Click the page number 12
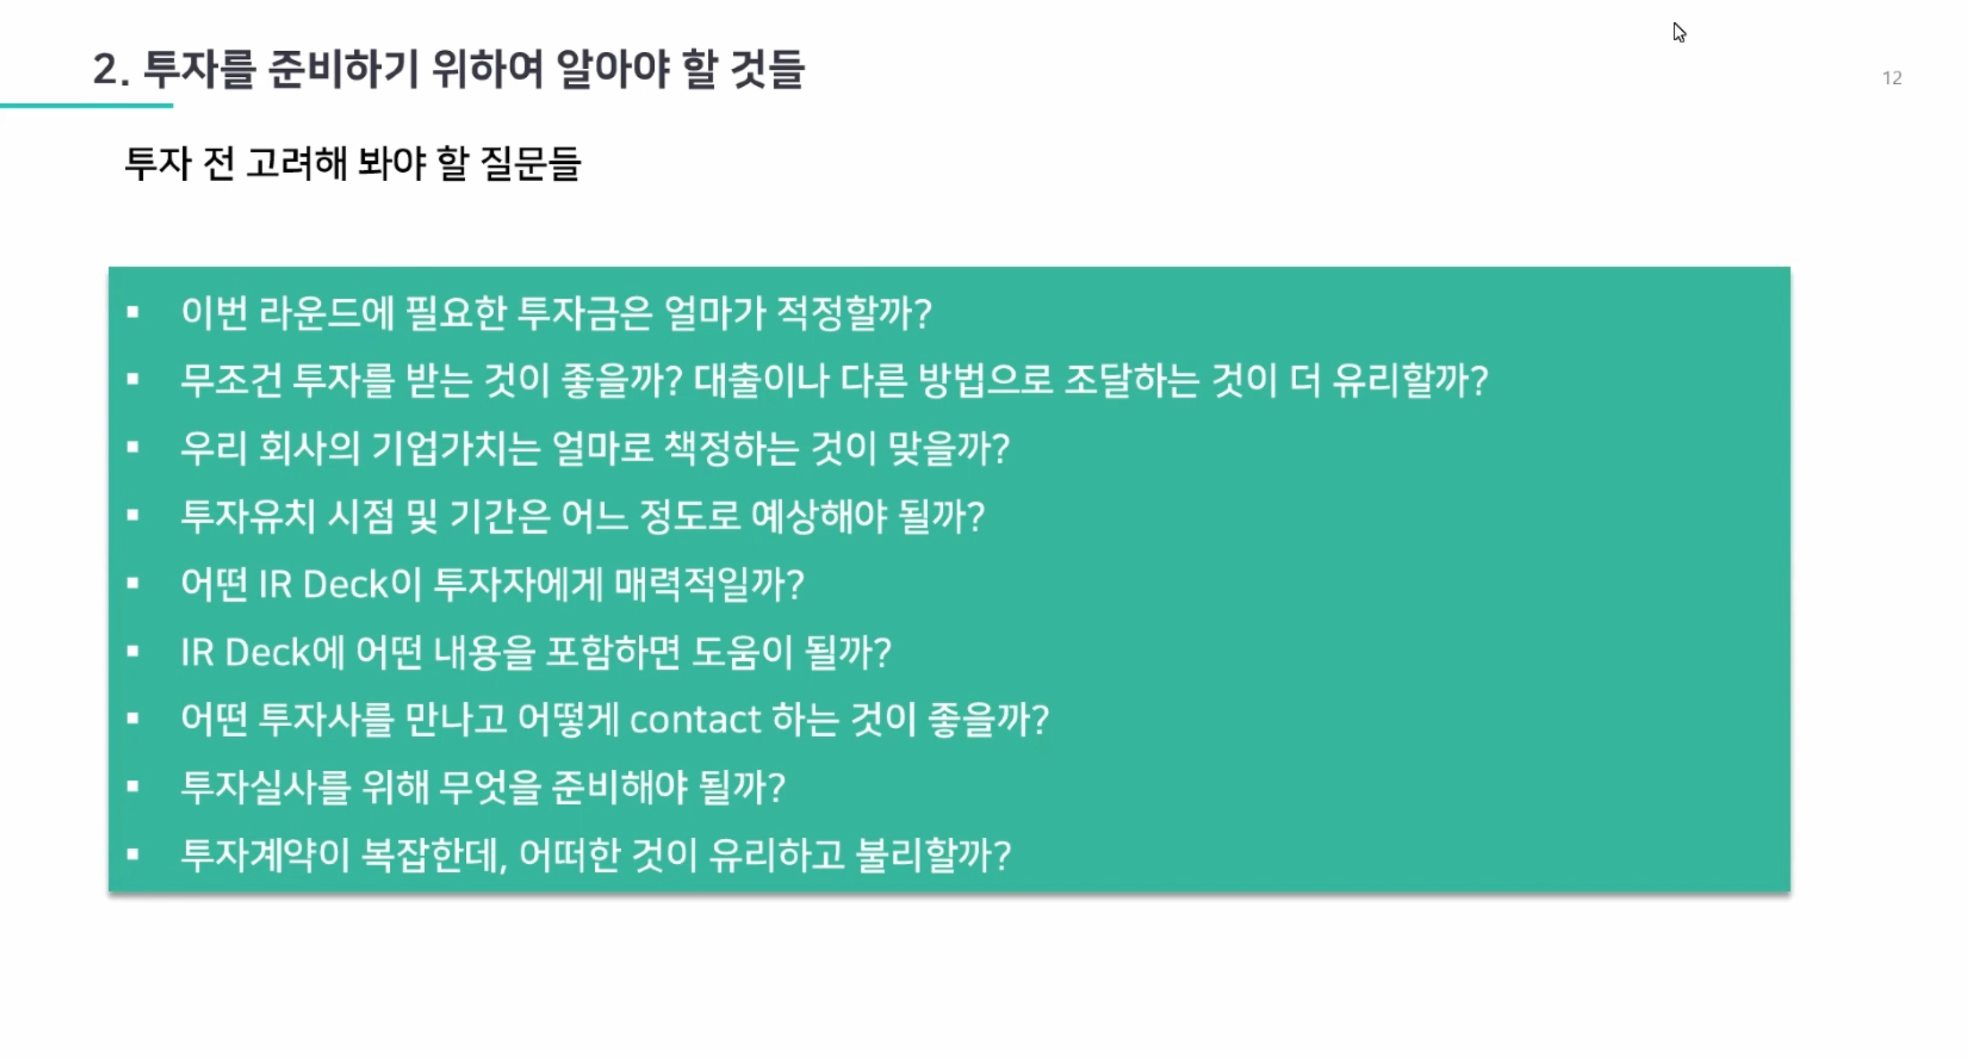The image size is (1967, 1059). tap(1891, 78)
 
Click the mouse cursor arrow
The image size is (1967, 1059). tap(1678, 32)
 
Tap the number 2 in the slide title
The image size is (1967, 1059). tap(106, 70)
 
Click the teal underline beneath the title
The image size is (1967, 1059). tap(86, 106)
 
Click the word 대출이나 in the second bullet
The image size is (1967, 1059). tap(761, 380)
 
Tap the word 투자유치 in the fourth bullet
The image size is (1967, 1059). tap(248, 516)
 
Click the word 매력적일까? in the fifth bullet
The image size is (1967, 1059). tap(709, 584)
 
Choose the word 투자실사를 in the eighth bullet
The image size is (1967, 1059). tap(266, 787)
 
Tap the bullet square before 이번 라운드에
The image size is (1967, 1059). tap(133, 312)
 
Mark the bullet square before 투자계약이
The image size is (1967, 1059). tap(133, 854)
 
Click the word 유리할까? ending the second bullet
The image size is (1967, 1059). tap(1410, 380)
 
